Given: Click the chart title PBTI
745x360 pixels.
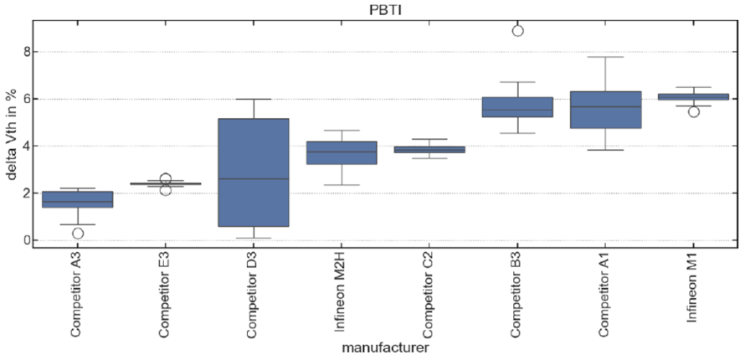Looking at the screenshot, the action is pyautogui.click(x=386, y=10).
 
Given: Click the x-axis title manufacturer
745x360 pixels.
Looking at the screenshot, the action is pyautogui.click(x=385, y=347).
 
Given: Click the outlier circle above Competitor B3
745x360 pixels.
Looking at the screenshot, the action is pyautogui.click(x=518, y=31).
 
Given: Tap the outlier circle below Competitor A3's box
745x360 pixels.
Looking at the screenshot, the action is pyautogui.click(x=78, y=234).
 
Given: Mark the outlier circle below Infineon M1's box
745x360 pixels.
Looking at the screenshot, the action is pyautogui.click(x=694, y=112).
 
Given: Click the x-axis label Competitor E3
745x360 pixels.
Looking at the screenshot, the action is pyautogui.click(x=165, y=297).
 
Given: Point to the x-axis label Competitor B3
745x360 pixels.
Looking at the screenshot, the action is pyautogui.click(x=517, y=297).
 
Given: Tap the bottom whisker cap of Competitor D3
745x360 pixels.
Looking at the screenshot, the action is pyautogui.click(x=254, y=238).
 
